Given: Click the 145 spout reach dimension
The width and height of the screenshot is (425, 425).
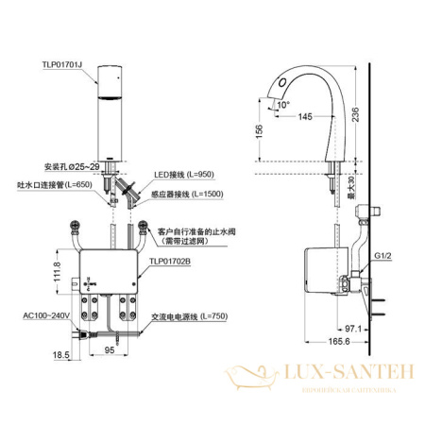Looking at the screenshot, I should point(305,116).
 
